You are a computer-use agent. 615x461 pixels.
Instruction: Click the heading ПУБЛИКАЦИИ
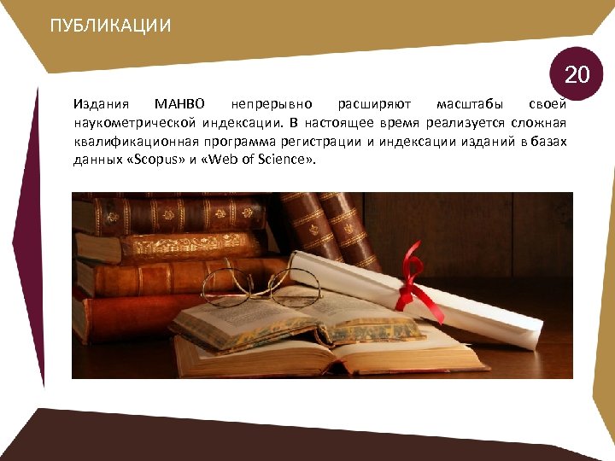[x=110, y=26]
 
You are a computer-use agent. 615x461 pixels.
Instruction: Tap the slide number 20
[x=577, y=75]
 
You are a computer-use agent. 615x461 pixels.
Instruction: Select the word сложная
[x=540, y=123]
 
